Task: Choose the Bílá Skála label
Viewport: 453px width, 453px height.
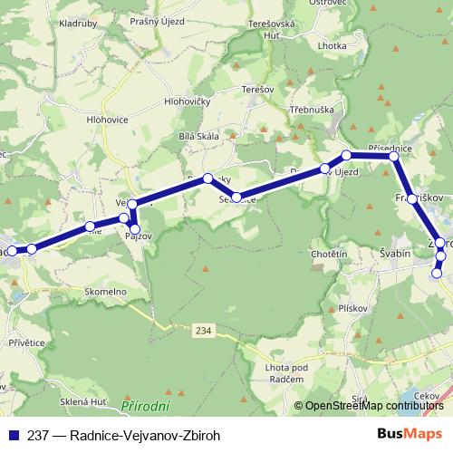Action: click(201, 136)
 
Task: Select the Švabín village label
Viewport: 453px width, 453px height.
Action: click(395, 255)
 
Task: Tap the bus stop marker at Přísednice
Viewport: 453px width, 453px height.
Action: click(393, 157)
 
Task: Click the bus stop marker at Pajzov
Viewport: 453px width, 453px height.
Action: click(136, 227)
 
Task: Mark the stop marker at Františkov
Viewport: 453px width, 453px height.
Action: click(412, 198)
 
